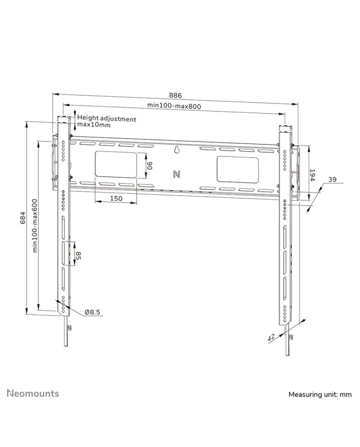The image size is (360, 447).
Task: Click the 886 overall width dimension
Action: point(175,96)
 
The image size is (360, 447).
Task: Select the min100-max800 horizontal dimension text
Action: point(174,105)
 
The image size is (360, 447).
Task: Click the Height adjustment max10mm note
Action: point(106,122)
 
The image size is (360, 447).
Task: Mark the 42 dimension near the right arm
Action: point(271,338)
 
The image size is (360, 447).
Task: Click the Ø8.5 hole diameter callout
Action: point(93,312)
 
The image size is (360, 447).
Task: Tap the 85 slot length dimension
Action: point(79,255)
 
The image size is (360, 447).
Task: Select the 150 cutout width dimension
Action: point(116,198)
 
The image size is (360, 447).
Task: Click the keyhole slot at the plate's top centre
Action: point(176,151)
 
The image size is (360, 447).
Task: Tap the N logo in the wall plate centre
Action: point(176,173)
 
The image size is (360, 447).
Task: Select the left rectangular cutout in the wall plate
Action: point(116,166)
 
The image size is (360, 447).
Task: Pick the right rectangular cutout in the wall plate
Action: point(237,169)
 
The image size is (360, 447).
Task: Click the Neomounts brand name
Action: point(33,394)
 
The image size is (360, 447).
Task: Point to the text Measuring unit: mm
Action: point(319,395)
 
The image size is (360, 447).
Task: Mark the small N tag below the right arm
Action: point(292,337)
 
